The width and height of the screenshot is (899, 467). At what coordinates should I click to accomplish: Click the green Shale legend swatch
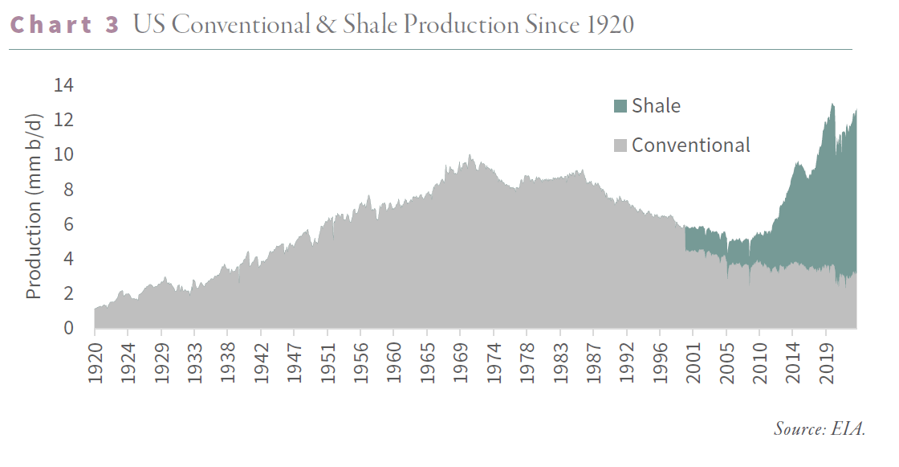pos(620,106)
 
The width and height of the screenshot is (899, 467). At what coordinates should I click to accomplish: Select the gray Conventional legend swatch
pos(620,145)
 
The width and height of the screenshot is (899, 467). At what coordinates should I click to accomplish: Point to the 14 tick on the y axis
pos(63,85)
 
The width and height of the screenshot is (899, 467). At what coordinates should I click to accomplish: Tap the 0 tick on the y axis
pos(68,328)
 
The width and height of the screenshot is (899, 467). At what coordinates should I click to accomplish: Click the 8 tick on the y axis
pos(68,190)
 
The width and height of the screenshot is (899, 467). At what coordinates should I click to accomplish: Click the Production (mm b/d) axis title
pos(34,207)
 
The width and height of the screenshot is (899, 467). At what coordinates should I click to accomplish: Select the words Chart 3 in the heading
pos(64,25)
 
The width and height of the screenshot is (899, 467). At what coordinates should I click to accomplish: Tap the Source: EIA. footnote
pos(820,428)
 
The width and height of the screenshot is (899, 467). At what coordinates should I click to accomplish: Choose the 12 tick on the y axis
pos(63,121)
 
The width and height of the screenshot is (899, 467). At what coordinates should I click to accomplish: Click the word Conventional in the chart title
pos(239,25)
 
